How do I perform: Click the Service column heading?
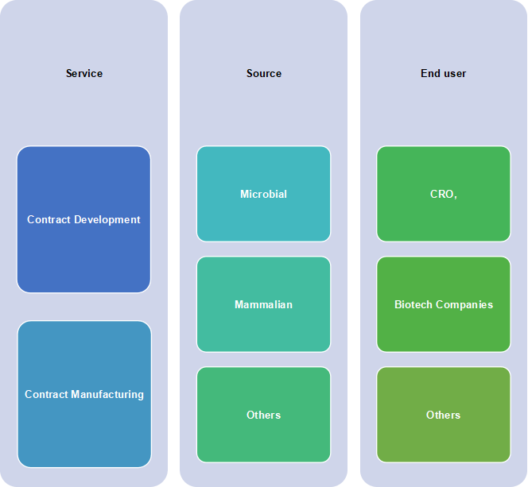[84, 73]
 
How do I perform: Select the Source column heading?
[264, 73]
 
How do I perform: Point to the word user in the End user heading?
[455, 74]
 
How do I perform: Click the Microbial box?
[264, 194]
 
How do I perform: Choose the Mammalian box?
[264, 304]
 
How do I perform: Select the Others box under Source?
[264, 415]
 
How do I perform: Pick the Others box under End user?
[444, 415]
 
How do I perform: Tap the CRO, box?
[444, 194]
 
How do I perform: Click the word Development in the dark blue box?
[107, 219]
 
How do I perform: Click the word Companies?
[464, 305]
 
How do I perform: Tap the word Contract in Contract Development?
[49, 219]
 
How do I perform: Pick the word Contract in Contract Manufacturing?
[46, 394]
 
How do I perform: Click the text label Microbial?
[264, 194]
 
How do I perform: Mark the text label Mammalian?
[264, 304]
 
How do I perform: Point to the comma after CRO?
[456, 198]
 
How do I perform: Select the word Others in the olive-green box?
[444, 415]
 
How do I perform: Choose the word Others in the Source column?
[264, 415]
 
